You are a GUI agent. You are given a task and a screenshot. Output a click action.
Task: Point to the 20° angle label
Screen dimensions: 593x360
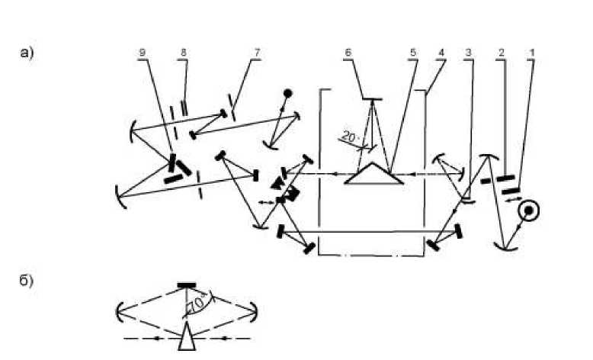point(349,137)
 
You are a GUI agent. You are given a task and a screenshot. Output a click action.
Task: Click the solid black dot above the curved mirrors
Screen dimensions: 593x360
point(288,94)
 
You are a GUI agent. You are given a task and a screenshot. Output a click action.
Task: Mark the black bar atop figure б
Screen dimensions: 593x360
point(187,286)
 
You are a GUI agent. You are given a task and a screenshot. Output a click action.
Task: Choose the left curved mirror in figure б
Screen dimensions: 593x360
point(120,311)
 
